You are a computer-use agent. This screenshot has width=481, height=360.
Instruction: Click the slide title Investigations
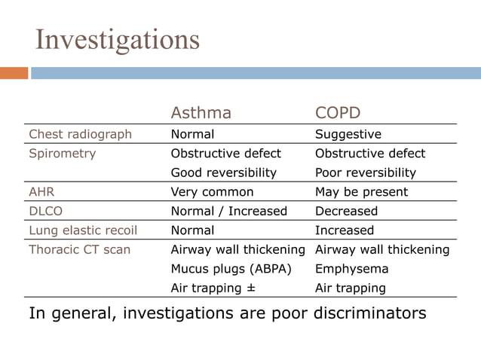point(118,39)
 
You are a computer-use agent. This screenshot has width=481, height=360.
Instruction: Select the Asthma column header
point(201,113)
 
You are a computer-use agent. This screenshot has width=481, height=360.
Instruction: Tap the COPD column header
point(338,113)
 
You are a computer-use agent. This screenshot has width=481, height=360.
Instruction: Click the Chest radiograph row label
point(80,134)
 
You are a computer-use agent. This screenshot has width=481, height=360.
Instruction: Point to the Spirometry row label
point(63,153)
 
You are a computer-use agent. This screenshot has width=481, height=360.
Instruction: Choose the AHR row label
point(42,191)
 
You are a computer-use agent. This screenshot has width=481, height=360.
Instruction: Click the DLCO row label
point(46,211)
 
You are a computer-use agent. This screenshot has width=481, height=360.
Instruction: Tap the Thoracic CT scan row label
point(79,249)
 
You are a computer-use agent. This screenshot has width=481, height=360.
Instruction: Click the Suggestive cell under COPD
point(348,134)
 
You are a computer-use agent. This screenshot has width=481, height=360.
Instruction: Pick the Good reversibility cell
point(224,172)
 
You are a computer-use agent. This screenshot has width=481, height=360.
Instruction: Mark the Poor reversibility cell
point(366,172)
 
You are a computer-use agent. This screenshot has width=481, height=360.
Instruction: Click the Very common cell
point(213,191)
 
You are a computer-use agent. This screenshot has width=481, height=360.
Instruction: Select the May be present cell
point(361,191)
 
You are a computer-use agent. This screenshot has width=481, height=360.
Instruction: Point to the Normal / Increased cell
point(229,211)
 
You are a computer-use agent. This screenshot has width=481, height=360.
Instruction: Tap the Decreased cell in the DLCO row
point(346,211)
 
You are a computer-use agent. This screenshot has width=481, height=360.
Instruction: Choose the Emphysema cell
point(352,269)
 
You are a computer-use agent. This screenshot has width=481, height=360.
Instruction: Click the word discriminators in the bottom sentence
point(367,313)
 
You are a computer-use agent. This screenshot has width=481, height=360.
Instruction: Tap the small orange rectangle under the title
point(14,73)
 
